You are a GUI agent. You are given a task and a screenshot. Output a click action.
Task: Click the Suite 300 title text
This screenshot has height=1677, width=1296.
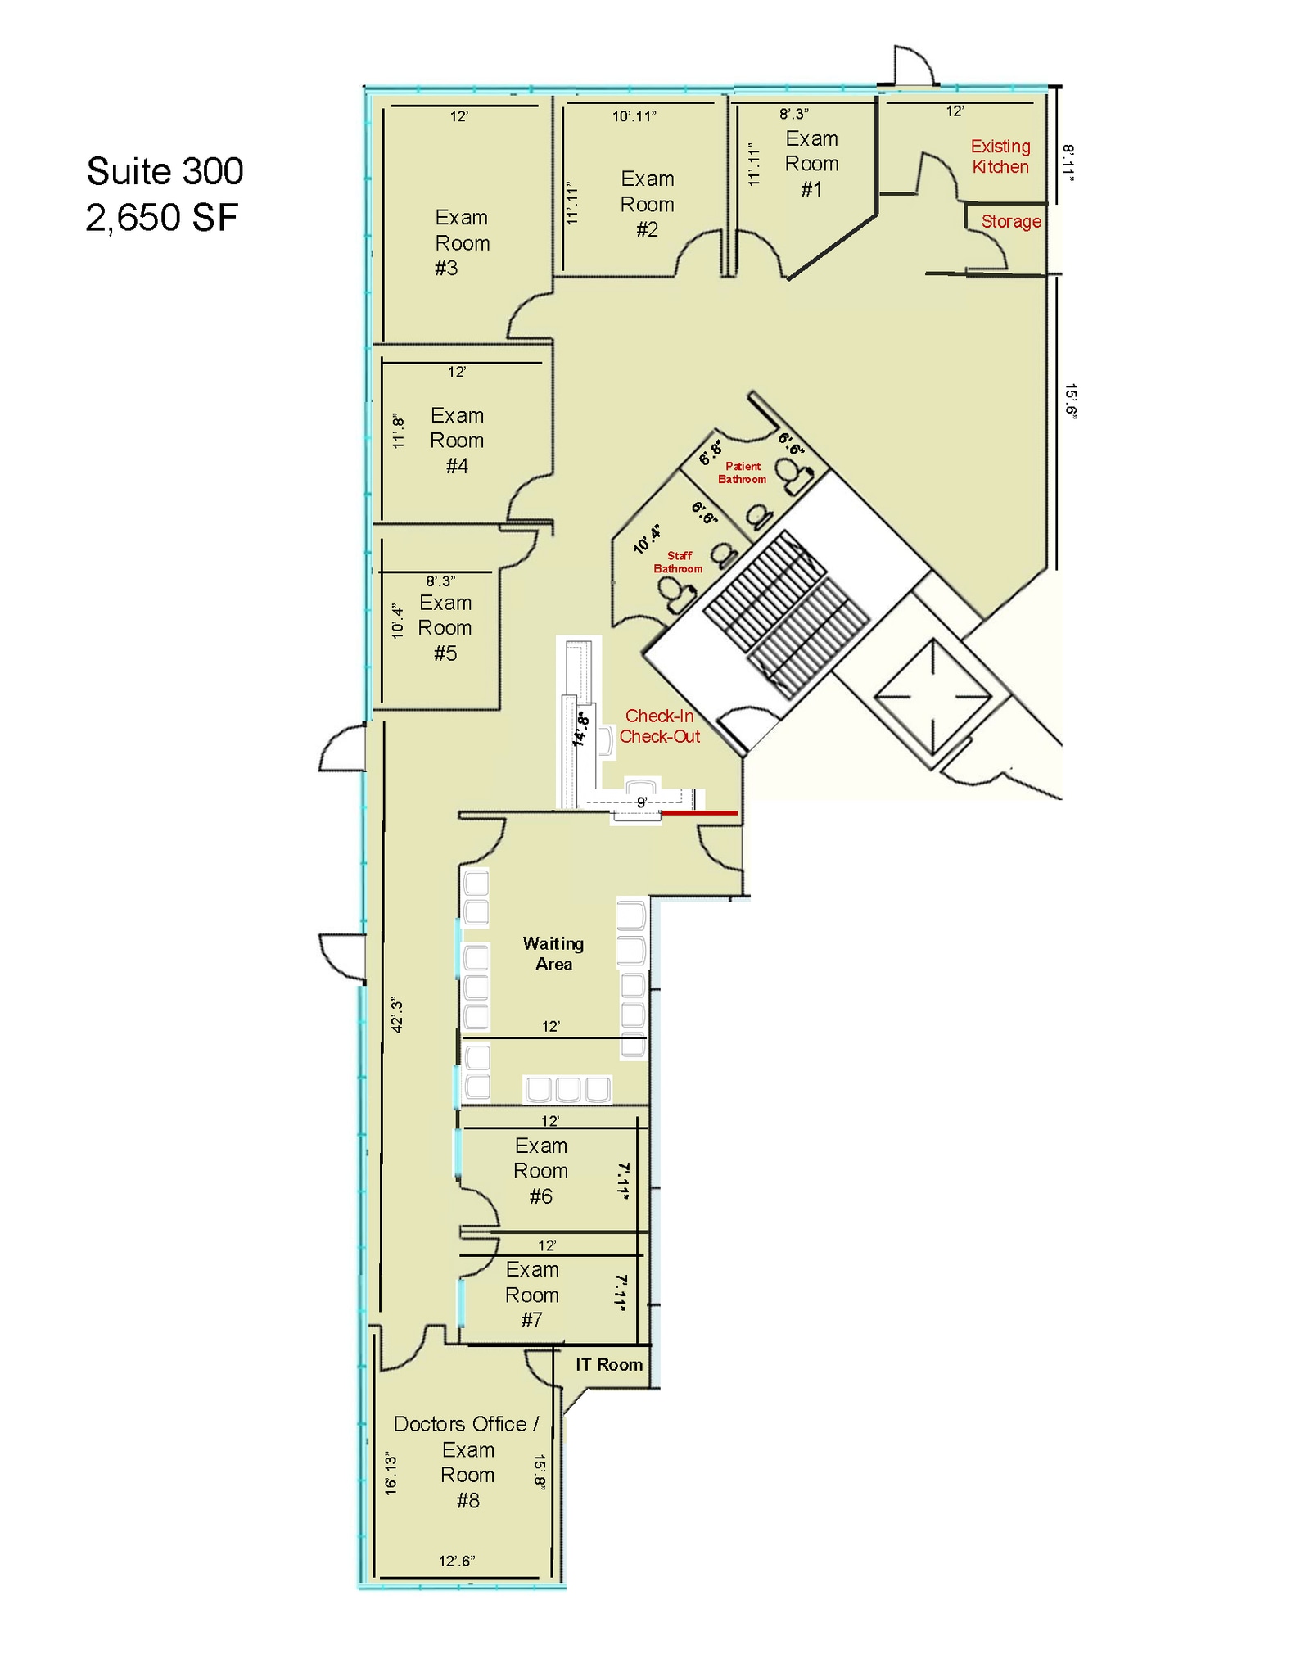pos(165,171)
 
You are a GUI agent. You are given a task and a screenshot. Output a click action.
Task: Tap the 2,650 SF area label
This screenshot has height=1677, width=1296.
pos(161,218)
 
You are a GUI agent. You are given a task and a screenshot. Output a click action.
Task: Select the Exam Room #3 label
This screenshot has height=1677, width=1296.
pos(462,242)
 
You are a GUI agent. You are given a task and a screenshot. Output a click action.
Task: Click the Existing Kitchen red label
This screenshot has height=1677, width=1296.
pos(1000,156)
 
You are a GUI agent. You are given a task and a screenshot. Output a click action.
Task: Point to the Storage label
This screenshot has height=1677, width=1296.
pos(1010,222)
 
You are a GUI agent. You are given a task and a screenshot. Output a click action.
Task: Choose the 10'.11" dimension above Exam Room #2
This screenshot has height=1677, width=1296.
pos(634,116)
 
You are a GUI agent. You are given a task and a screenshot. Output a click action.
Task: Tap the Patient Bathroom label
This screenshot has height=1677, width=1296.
pos(743,472)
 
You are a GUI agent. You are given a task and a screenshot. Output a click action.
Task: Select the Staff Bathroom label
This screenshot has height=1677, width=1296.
pos(678,562)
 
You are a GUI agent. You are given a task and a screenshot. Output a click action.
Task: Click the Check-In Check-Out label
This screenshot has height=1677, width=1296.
pos(660,725)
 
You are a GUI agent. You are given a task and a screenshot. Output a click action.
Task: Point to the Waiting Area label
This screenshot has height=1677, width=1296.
pos(553,953)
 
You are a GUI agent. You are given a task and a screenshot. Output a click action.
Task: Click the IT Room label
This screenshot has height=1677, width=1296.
pos(608,1364)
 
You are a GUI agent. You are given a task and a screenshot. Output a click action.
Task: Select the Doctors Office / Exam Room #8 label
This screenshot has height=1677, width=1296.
pos(467,1462)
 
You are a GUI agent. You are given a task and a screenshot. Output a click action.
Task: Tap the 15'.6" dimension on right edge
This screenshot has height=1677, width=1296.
pos(1070,401)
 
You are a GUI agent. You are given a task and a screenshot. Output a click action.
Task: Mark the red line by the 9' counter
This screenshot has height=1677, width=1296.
pos(699,813)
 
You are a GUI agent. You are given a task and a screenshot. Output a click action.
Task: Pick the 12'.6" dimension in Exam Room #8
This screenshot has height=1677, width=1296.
pos(457,1561)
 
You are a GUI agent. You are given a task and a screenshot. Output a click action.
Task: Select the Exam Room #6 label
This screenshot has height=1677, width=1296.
pos(540,1171)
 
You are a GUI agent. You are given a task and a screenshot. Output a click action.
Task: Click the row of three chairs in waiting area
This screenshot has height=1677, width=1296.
pos(567,1089)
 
